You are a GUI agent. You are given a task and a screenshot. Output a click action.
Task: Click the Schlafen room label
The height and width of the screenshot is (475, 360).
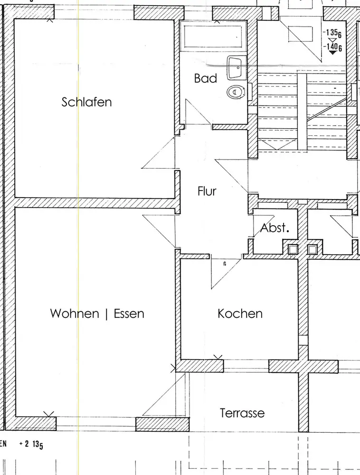tap(86, 102)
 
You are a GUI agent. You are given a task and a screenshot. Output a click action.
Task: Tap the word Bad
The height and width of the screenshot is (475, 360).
tap(206, 78)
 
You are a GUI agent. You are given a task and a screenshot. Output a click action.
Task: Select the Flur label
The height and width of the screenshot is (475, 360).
tap(207, 191)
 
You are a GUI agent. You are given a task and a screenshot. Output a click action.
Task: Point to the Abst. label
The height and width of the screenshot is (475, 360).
tap(275, 228)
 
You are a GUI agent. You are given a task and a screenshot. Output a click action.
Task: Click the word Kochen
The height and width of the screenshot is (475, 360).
tap(240, 313)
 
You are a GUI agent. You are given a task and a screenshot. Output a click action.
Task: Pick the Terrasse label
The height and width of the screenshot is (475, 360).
tap(242, 413)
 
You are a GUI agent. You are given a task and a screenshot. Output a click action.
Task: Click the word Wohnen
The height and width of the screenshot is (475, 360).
tap(75, 313)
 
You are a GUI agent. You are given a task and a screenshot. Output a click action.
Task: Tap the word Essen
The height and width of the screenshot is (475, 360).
tap(129, 313)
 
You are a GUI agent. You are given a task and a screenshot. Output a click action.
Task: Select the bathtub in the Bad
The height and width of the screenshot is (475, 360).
tap(213, 37)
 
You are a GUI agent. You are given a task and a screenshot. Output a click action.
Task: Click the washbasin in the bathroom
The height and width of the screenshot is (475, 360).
tap(236, 67)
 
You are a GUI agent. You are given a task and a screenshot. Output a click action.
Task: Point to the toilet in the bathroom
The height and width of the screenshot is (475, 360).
tap(236, 92)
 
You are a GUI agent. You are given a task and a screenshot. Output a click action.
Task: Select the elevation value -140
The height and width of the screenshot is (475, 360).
tap(332, 47)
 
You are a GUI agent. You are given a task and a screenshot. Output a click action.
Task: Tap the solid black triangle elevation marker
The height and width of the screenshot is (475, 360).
tap(333, 53)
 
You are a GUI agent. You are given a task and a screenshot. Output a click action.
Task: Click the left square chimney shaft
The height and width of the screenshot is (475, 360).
tap(293, 249)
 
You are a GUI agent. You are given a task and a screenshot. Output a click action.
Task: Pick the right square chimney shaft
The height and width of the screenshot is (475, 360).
tap(313, 249)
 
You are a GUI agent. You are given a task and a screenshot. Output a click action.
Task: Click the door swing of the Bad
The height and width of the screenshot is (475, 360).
tap(198, 112)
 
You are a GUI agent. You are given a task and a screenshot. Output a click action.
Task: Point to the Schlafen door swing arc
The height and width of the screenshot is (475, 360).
tap(158, 152)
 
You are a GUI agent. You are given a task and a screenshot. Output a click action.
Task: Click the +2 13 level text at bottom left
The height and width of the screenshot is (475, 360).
tap(31, 445)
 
